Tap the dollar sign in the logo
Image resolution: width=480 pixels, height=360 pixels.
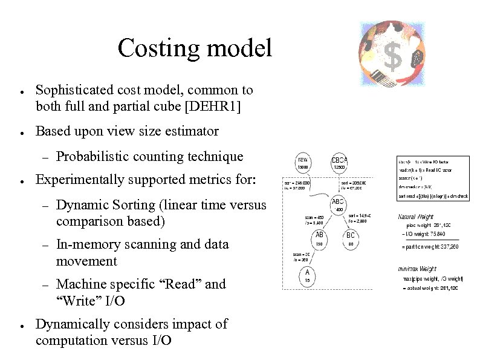[x=392, y=57]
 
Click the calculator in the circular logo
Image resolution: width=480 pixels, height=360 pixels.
[x=378, y=76]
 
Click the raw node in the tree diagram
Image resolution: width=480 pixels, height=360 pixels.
[x=303, y=163]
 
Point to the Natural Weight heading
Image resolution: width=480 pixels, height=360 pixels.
[x=416, y=217]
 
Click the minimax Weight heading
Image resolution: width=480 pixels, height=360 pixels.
[x=417, y=268]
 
